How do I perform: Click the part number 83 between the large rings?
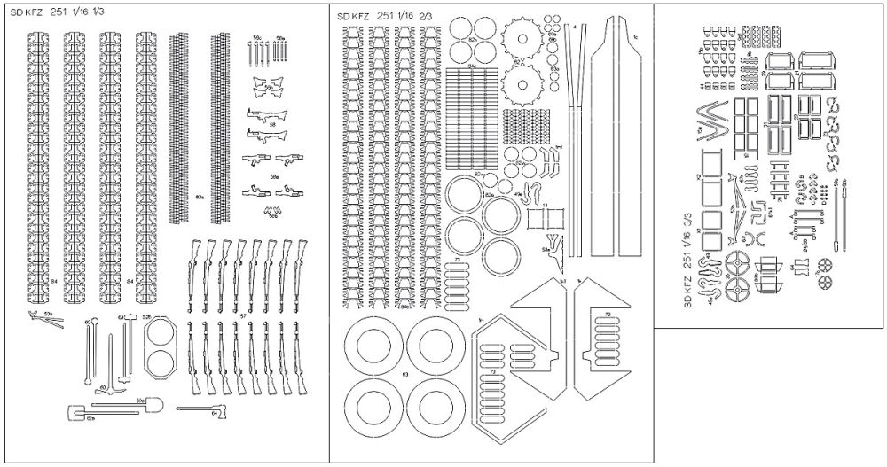(405, 375)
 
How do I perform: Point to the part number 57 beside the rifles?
(242, 315)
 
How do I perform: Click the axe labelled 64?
(203, 409)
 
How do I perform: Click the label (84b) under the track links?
(406, 307)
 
